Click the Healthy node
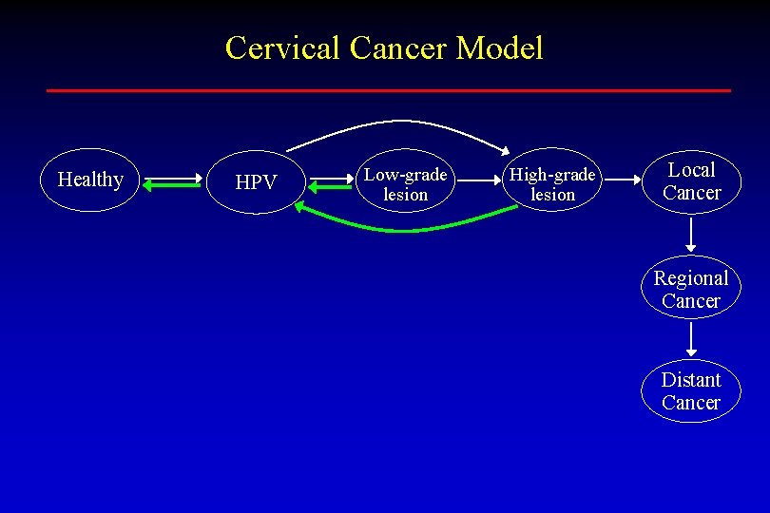click(91, 180)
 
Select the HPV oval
click(255, 181)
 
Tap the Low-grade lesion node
click(406, 184)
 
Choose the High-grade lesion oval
click(552, 184)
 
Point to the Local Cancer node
click(691, 180)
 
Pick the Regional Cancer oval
click(691, 289)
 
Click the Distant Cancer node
click(691, 390)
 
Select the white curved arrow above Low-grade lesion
click(399, 123)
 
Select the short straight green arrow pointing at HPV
click(329, 187)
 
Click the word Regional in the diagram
click(691, 278)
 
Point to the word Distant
click(691, 380)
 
